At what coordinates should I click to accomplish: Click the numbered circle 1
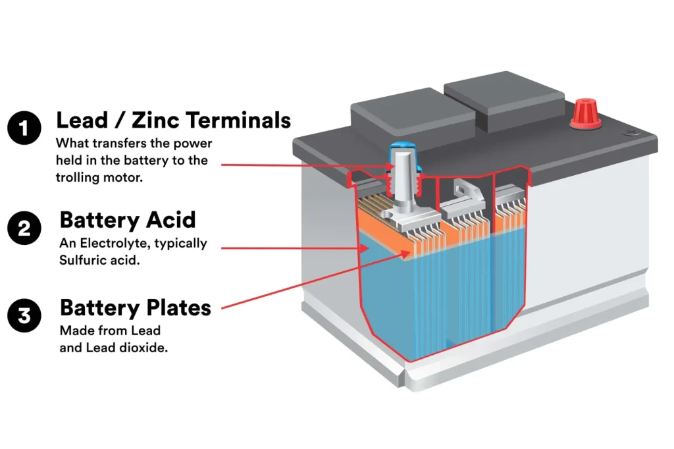coord(24,127)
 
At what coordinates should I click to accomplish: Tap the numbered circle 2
coord(24,228)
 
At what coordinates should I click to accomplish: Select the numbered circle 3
coord(24,315)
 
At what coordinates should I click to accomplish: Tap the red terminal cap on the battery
coord(583,114)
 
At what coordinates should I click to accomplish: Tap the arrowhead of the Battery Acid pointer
coord(363,248)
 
